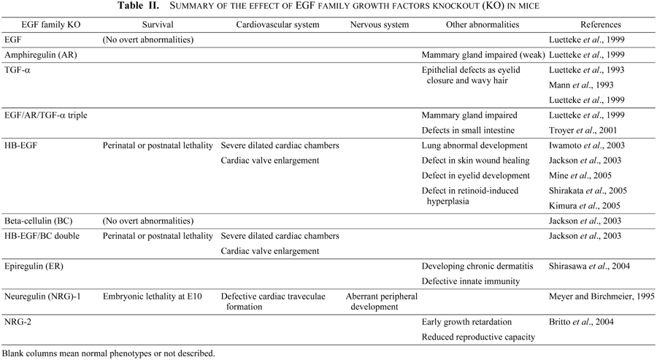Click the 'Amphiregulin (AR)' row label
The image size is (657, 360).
point(40,55)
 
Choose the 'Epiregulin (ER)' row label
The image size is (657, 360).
point(35,267)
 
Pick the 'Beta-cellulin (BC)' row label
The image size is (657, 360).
point(40,220)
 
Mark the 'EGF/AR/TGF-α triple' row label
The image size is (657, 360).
point(47,115)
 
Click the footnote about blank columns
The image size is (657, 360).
point(109,353)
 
